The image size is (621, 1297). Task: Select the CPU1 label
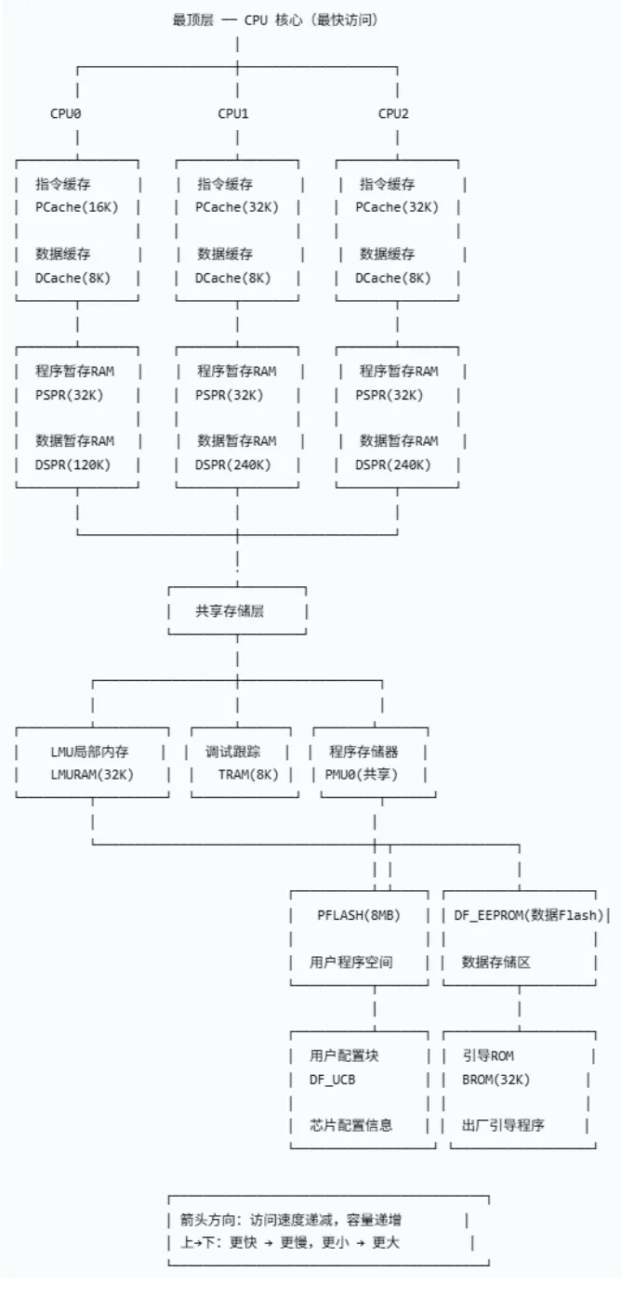[x=233, y=113]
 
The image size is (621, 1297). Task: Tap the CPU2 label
[x=393, y=113]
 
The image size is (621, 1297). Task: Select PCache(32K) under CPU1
[x=236, y=207]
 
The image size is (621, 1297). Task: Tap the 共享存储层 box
[x=236, y=611]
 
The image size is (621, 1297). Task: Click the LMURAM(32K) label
[x=92, y=774]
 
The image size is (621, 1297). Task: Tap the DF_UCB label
[x=333, y=1079]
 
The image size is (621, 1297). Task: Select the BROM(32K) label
[x=495, y=1079]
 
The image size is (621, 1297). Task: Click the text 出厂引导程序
[x=503, y=1125]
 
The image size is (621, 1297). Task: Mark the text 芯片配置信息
[x=350, y=1125]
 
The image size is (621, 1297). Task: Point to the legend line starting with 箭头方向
[x=291, y=1220]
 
